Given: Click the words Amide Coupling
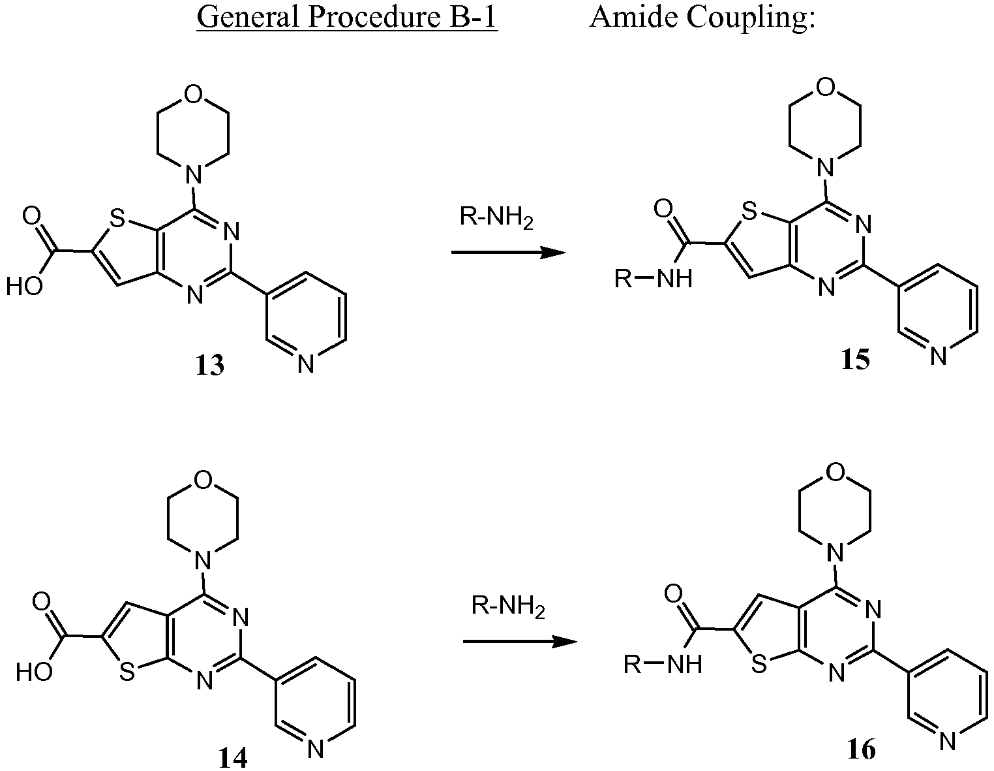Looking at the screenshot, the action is coord(702,19).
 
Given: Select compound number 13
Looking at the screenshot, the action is coord(210,365).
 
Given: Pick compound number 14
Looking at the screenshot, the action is coord(233,758).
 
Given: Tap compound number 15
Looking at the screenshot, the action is coord(855,360).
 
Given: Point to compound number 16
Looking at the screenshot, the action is coord(862,749).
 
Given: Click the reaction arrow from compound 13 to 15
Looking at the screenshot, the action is coord(508,252).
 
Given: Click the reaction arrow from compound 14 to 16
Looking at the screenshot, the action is coord(520,642).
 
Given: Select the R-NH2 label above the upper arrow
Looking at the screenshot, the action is coord(496,217).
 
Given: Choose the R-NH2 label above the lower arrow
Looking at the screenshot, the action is coord(508,606).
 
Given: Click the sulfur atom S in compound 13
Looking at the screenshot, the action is coord(117,219).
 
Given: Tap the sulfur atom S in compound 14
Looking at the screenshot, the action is coord(127,672).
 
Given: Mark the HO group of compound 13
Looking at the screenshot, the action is coord(24,287).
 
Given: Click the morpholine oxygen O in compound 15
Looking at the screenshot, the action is coord(825,87).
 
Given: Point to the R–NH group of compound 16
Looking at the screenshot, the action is coord(663,663).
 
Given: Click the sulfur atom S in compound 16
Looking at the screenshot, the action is coord(759,664).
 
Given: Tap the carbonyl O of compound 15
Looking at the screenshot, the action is coord(663,209).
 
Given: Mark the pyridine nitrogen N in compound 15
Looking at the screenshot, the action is coord(938,356).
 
